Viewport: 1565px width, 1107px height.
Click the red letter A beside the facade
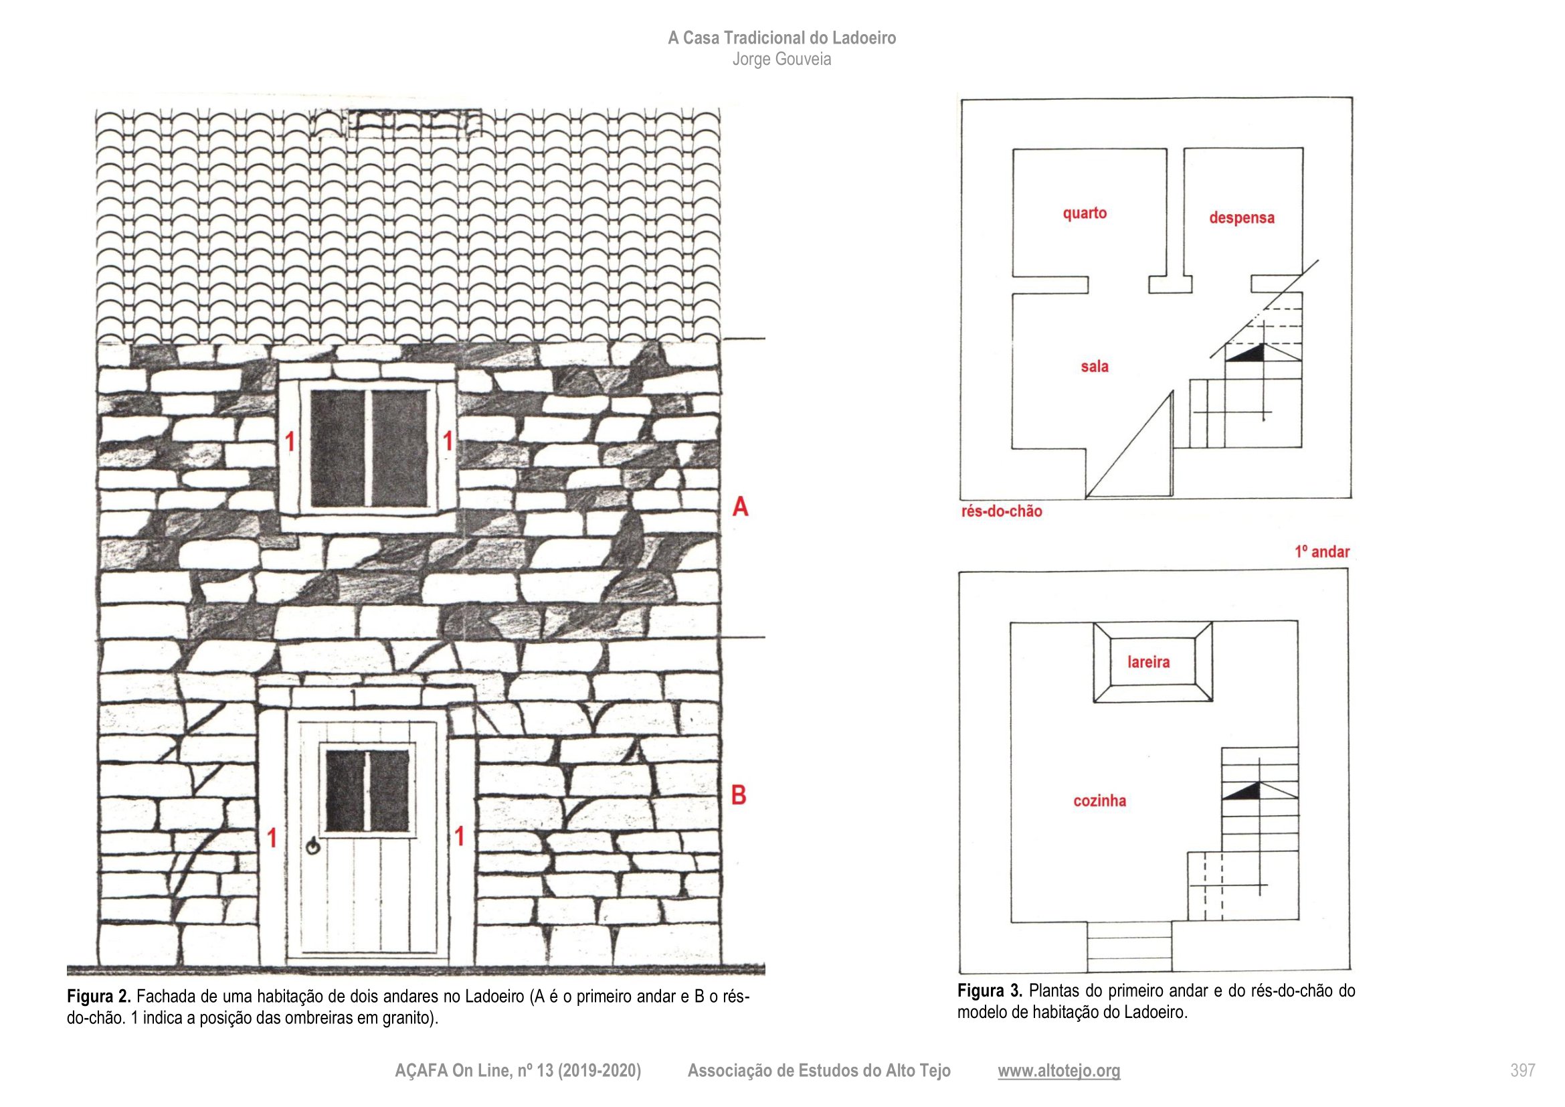(740, 507)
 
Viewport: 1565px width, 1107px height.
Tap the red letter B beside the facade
(739, 795)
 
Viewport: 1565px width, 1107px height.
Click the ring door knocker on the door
(313, 847)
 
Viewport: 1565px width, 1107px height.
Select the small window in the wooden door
(369, 790)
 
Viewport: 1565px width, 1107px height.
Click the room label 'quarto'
(1085, 213)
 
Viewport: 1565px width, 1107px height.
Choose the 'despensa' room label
(1241, 218)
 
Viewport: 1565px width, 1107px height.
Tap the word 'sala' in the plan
(1094, 366)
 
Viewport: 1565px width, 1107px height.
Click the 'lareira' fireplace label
(1149, 661)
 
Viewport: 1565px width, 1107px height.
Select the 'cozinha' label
(1099, 800)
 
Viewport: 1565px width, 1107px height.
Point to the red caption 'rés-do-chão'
(1002, 511)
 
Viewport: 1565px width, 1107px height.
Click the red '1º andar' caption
(1321, 551)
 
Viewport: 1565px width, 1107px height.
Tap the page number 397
(1523, 1071)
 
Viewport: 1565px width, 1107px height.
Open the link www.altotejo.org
(1058, 1071)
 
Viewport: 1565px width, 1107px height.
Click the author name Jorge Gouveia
(781, 60)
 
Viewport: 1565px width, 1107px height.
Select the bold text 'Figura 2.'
(99, 997)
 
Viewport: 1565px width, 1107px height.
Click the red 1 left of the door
(272, 838)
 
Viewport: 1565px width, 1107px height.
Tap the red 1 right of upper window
(448, 441)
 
